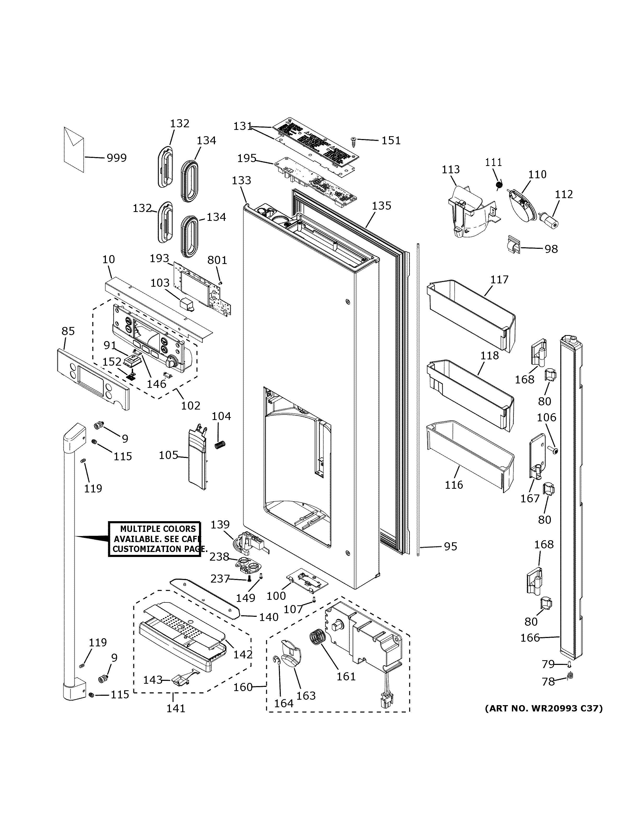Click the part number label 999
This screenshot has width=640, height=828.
tap(116, 158)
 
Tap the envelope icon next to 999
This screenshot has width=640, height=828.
tap(74, 150)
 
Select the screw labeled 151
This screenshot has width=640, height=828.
tap(353, 141)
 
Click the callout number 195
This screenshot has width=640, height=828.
tap(247, 158)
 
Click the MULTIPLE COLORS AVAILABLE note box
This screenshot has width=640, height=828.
tap(155, 539)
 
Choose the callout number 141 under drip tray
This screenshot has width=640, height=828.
tap(176, 708)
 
